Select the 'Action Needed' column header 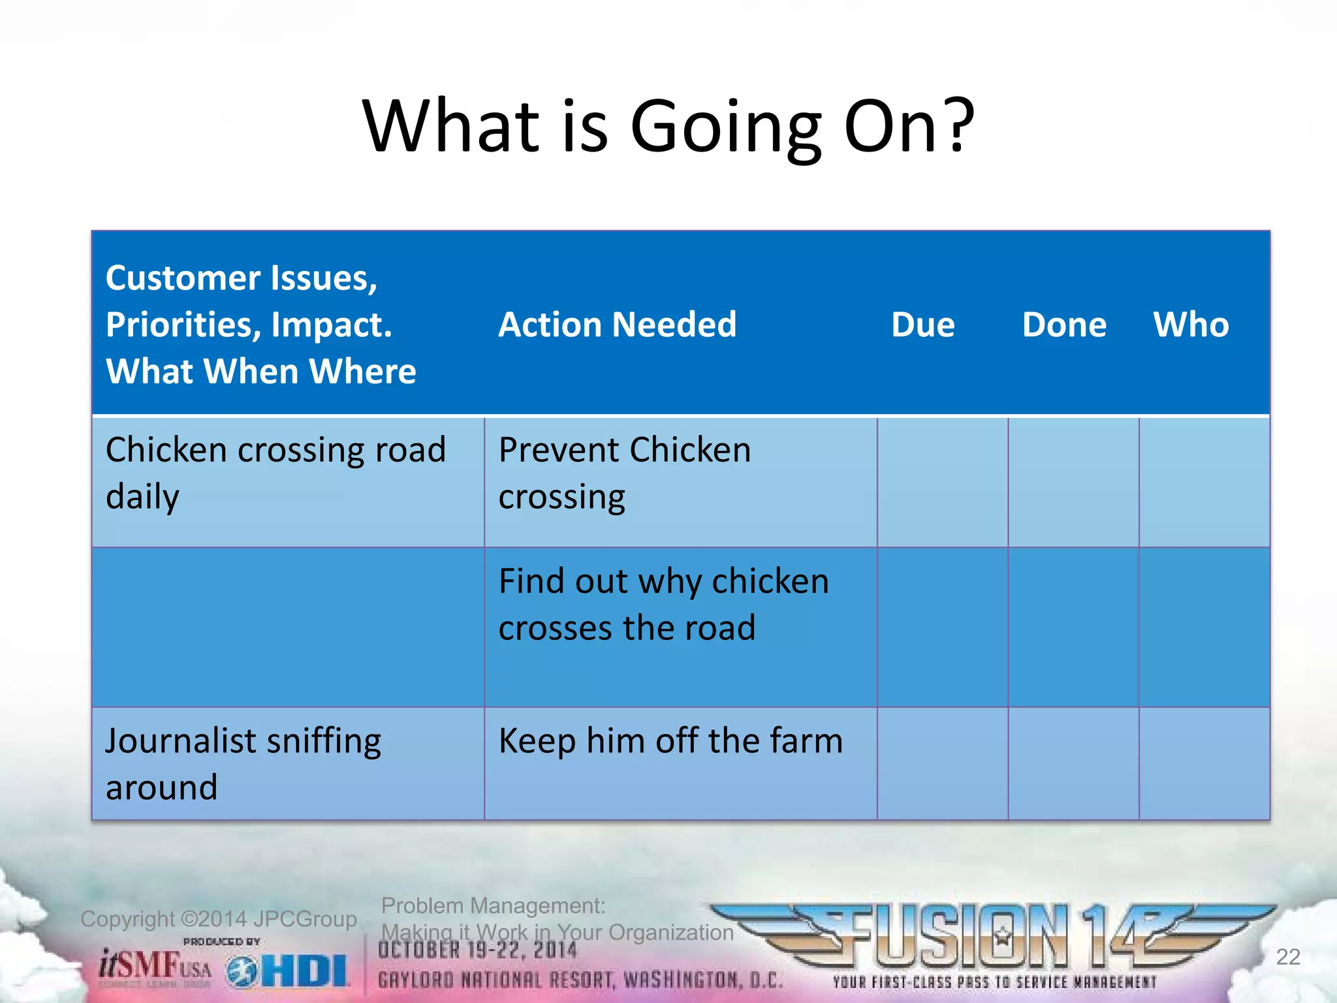coord(618,325)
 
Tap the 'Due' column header coord(922,325)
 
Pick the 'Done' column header coord(1064,325)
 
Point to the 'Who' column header coord(1191,325)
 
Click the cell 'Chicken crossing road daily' coord(275,473)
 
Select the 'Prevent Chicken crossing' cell coord(625,473)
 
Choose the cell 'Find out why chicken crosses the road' coord(663,604)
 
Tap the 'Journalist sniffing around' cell coord(243,763)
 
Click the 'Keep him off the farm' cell coord(670,741)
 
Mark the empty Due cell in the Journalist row coord(942,763)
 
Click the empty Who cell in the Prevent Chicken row coord(1204,482)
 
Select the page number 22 coord(1287,957)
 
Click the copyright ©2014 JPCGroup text coord(218,919)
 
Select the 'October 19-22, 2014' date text coord(477,951)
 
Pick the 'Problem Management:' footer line coord(493,906)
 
